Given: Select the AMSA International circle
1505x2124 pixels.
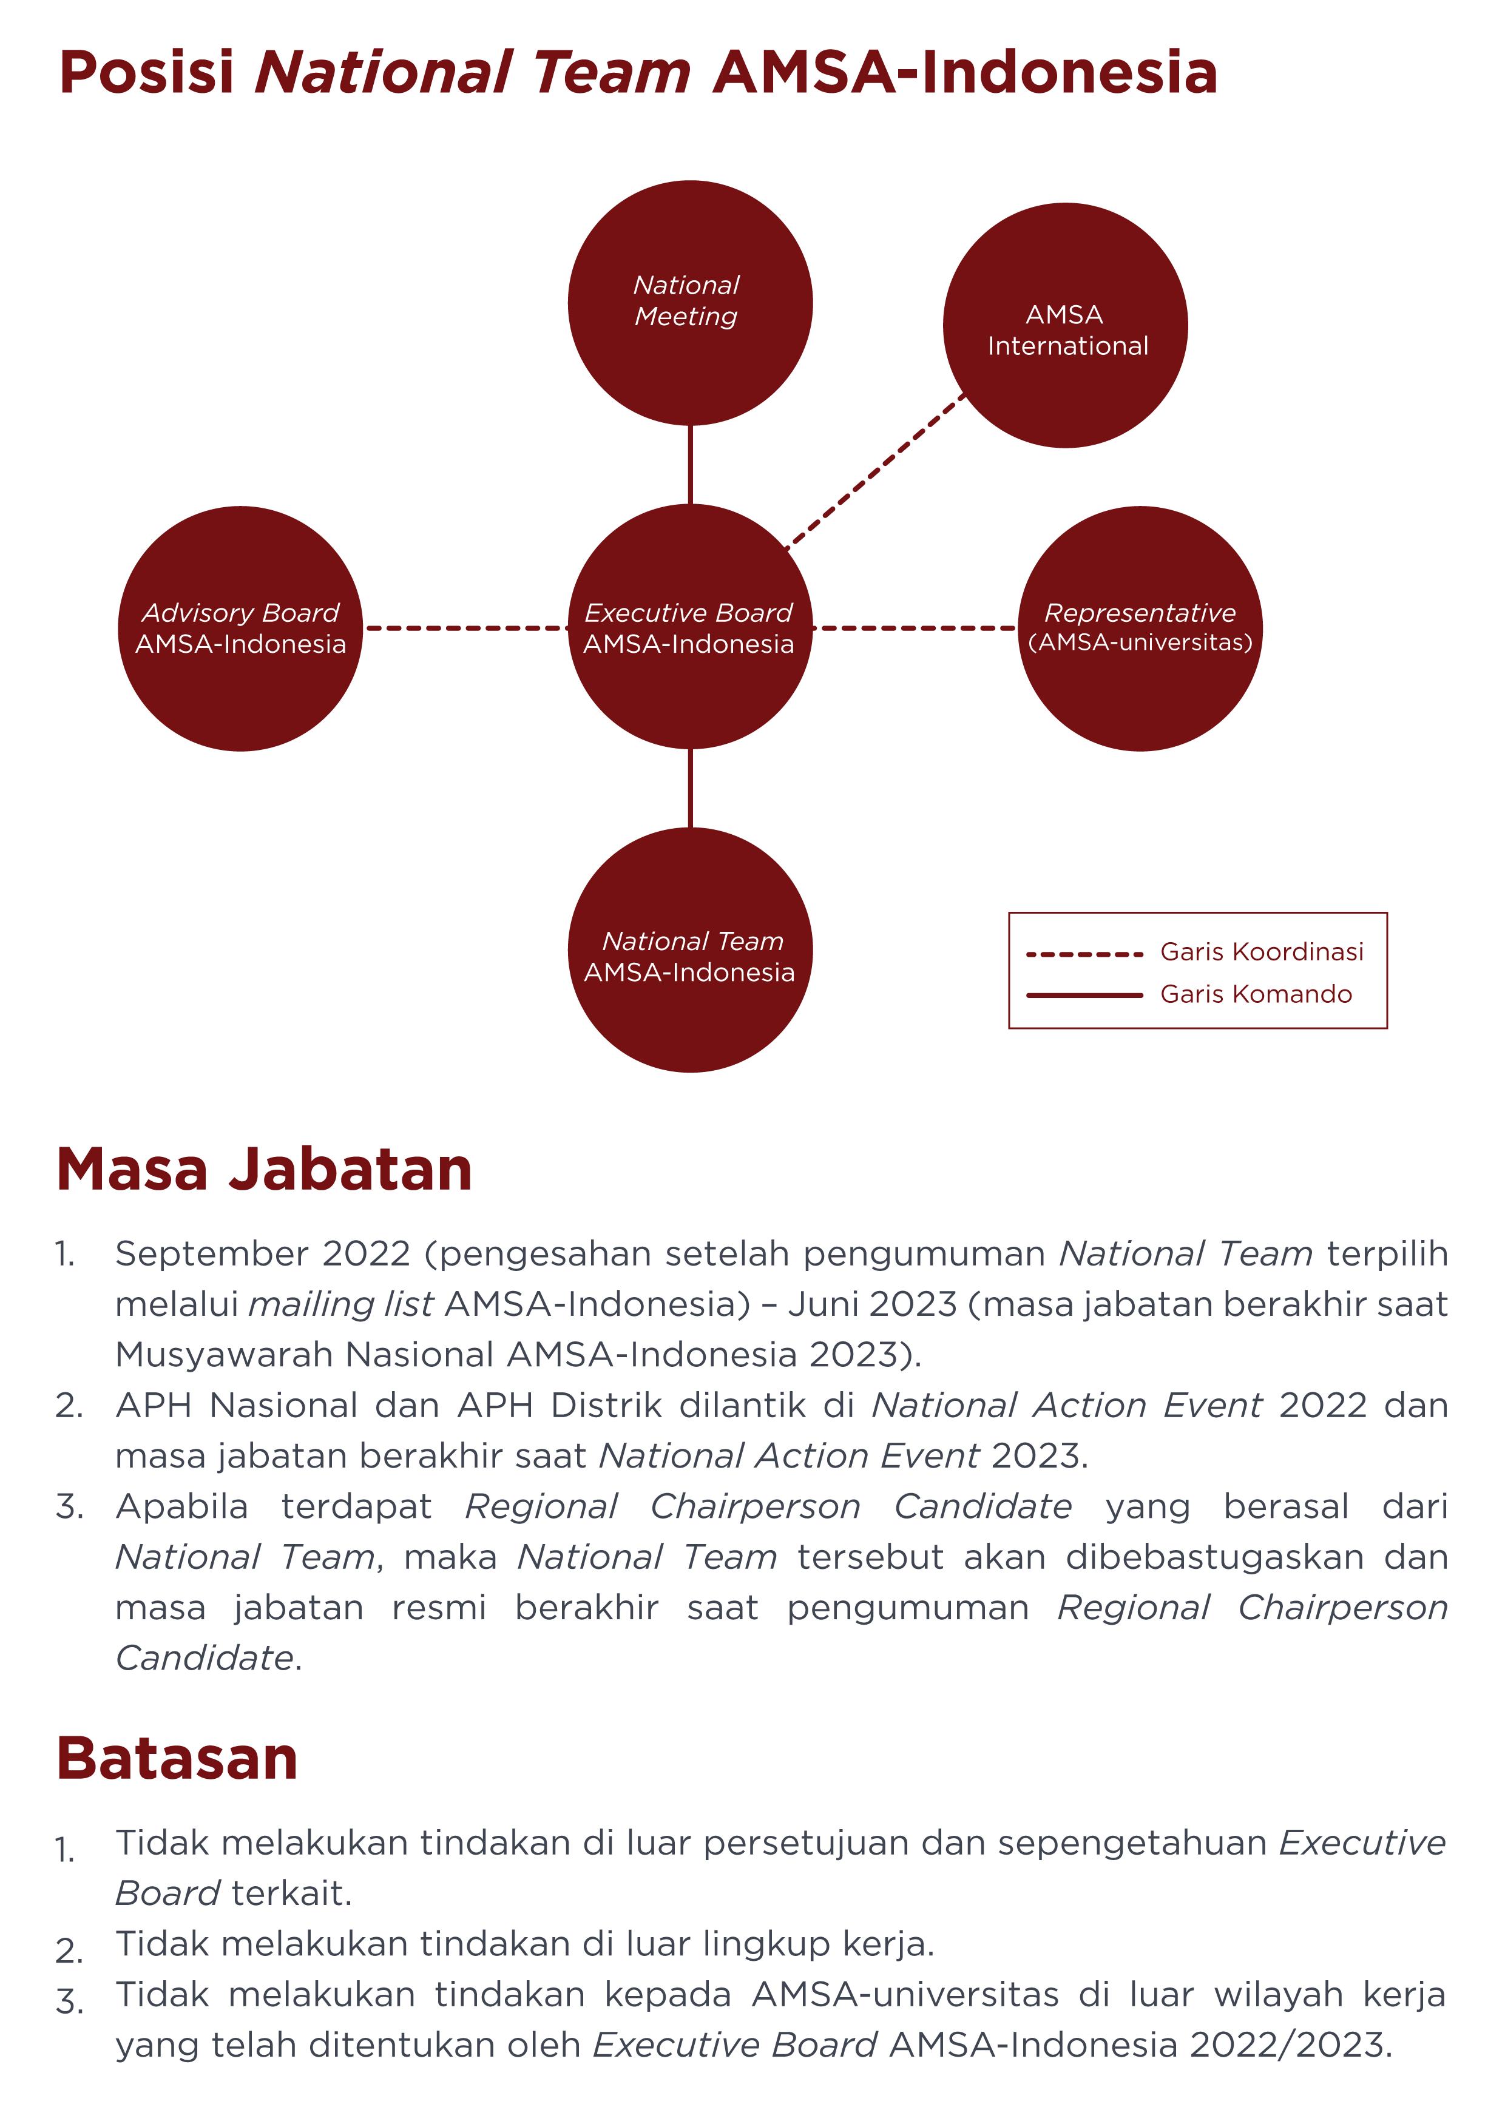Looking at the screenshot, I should click(x=1065, y=325).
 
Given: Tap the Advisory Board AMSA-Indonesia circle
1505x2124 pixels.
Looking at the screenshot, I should click(x=240, y=628).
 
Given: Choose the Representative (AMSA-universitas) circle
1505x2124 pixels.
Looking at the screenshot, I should click(x=1140, y=628).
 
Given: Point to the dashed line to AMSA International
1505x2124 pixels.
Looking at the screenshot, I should click(x=875, y=473).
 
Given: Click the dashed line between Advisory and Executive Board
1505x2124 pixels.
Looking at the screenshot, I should click(x=465, y=628).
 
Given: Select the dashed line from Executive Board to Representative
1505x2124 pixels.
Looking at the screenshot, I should click(x=915, y=628).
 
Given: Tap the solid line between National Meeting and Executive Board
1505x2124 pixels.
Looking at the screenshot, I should click(x=691, y=464).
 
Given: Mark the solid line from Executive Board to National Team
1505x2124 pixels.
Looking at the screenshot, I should click(x=691, y=787).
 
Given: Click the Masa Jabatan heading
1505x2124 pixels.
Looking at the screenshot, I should click(x=264, y=1169).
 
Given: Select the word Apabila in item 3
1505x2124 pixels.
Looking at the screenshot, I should click(x=181, y=1506).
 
